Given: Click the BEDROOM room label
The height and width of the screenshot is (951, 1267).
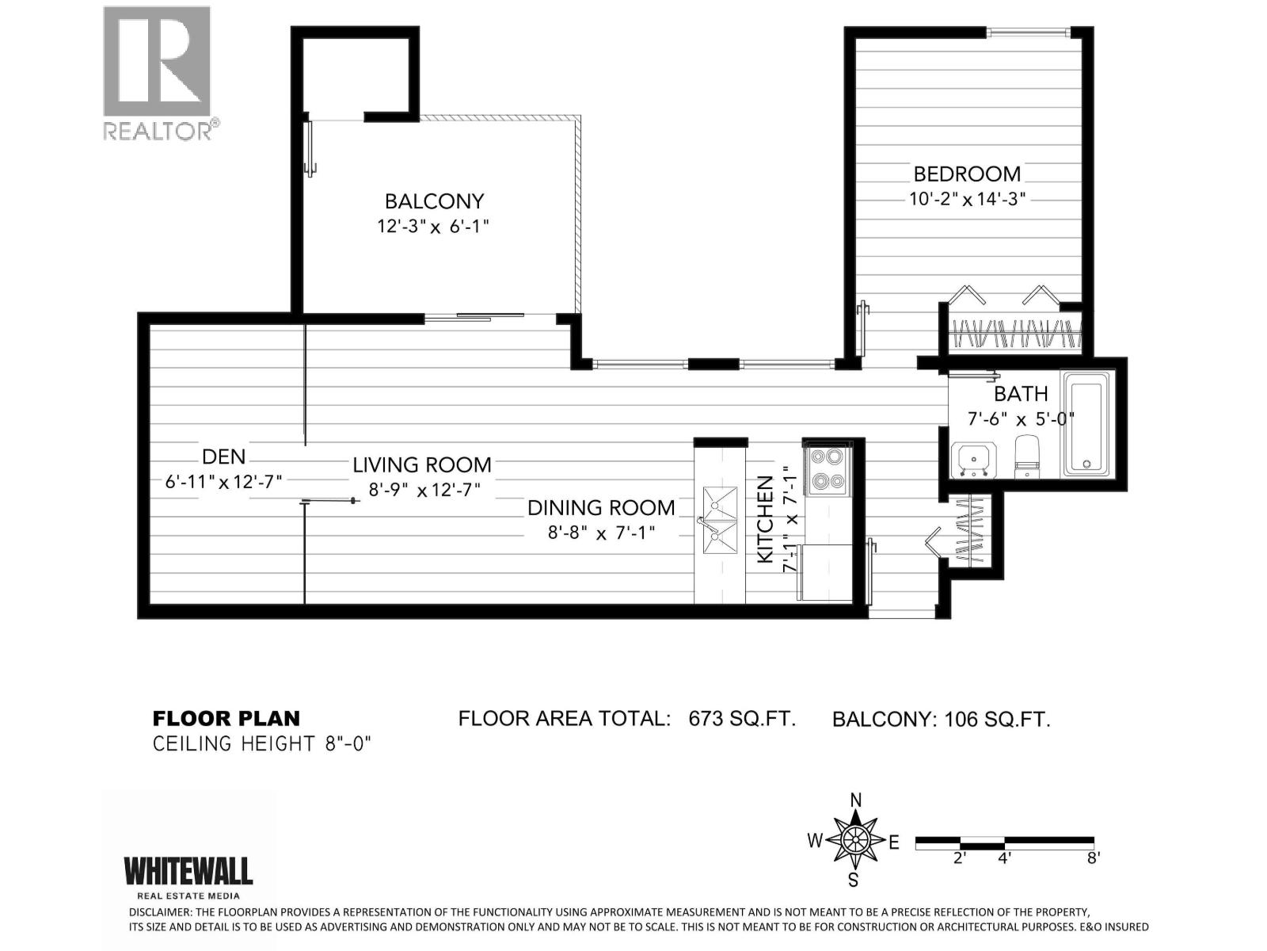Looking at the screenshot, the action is coord(967,174).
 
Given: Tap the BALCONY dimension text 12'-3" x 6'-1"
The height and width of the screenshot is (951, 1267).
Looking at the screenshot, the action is coord(433,227).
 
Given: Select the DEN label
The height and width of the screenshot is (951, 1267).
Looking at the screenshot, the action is coord(224,456).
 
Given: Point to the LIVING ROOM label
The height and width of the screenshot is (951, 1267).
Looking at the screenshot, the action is coord(422,465).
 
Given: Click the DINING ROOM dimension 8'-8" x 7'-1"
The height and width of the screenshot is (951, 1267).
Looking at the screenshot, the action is coord(602,533).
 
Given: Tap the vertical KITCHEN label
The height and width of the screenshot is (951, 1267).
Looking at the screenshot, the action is coord(765,519).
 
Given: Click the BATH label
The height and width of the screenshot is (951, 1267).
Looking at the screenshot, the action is coord(1021,394).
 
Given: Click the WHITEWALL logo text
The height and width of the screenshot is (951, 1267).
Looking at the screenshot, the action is coord(188,871).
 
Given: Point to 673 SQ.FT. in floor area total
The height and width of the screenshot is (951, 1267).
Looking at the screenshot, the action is coord(742,719).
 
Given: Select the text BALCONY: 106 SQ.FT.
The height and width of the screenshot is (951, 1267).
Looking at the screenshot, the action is coord(941,720).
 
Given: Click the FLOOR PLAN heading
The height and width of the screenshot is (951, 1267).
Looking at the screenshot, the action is coord(226,719).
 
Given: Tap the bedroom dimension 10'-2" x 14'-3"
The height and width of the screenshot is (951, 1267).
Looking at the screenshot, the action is coord(967,199).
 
